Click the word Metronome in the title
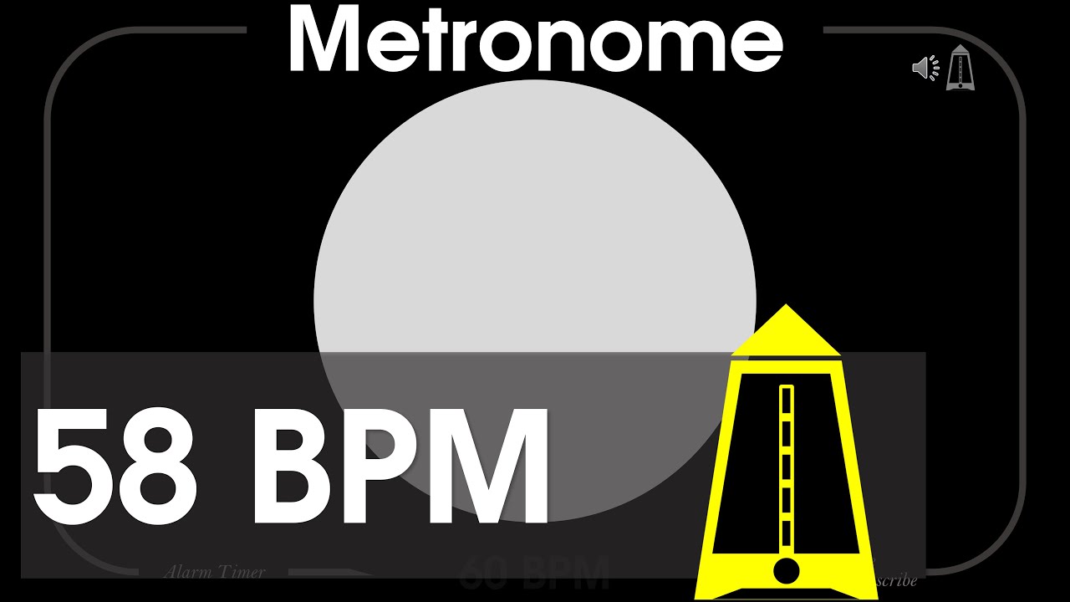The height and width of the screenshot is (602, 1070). coord(535,40)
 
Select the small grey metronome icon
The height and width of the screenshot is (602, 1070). coord(960,69)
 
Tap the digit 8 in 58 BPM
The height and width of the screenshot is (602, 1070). coord(160,465)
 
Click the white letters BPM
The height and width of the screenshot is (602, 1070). coord(401,465)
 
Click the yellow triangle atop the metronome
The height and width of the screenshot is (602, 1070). coord(785,331)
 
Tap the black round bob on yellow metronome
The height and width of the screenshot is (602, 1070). coord(786,571)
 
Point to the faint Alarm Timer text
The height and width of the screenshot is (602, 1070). coord(215,573)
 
